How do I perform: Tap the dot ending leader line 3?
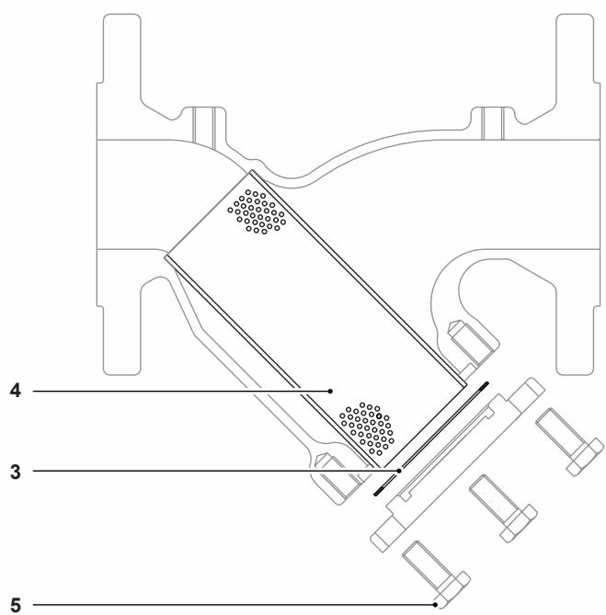click(399, 471)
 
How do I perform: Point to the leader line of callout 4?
click(184, 391)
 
